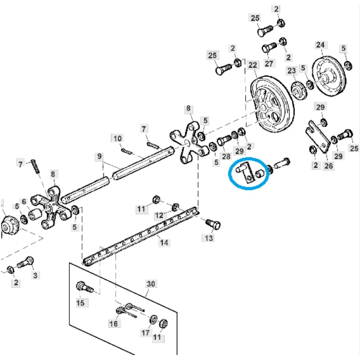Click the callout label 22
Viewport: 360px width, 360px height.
click(253, 65)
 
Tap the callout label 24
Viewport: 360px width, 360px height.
click(320, 45)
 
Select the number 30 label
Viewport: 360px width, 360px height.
click(151, 284)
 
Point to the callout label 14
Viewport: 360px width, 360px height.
click(164, 243)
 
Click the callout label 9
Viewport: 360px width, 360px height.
click(100, 157)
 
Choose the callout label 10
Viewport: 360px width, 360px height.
click(118, 138)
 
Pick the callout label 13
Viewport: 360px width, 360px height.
click(209, 238)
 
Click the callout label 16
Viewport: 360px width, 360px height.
click(113, 324)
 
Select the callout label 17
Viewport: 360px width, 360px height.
click(145, 333)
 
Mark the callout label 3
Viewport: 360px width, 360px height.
click(35, 276)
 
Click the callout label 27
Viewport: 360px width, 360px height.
click(269, 64)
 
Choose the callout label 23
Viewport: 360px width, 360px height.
click(291, 71)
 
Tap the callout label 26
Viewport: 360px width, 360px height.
click(329, 166)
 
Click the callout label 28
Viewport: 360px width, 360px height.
click(226, 157)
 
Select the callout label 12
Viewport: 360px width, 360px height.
click(159, 216)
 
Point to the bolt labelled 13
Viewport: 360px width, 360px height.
click(215, 225)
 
